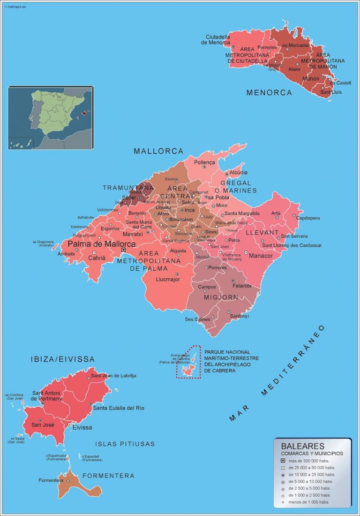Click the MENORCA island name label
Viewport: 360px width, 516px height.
(x=269, y=93)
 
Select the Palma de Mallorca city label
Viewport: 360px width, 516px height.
(x=102, y=244)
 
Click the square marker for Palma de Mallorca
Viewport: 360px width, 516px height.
(x=124, y=250)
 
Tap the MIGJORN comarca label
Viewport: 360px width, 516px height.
(x=221, y=297)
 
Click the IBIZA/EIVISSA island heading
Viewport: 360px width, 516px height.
(x=62, y=359)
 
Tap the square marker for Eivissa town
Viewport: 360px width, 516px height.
(x=69, y=424)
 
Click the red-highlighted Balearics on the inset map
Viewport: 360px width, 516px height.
(x=85, y=113)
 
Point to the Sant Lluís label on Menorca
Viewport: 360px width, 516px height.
(x=331, y=92)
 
